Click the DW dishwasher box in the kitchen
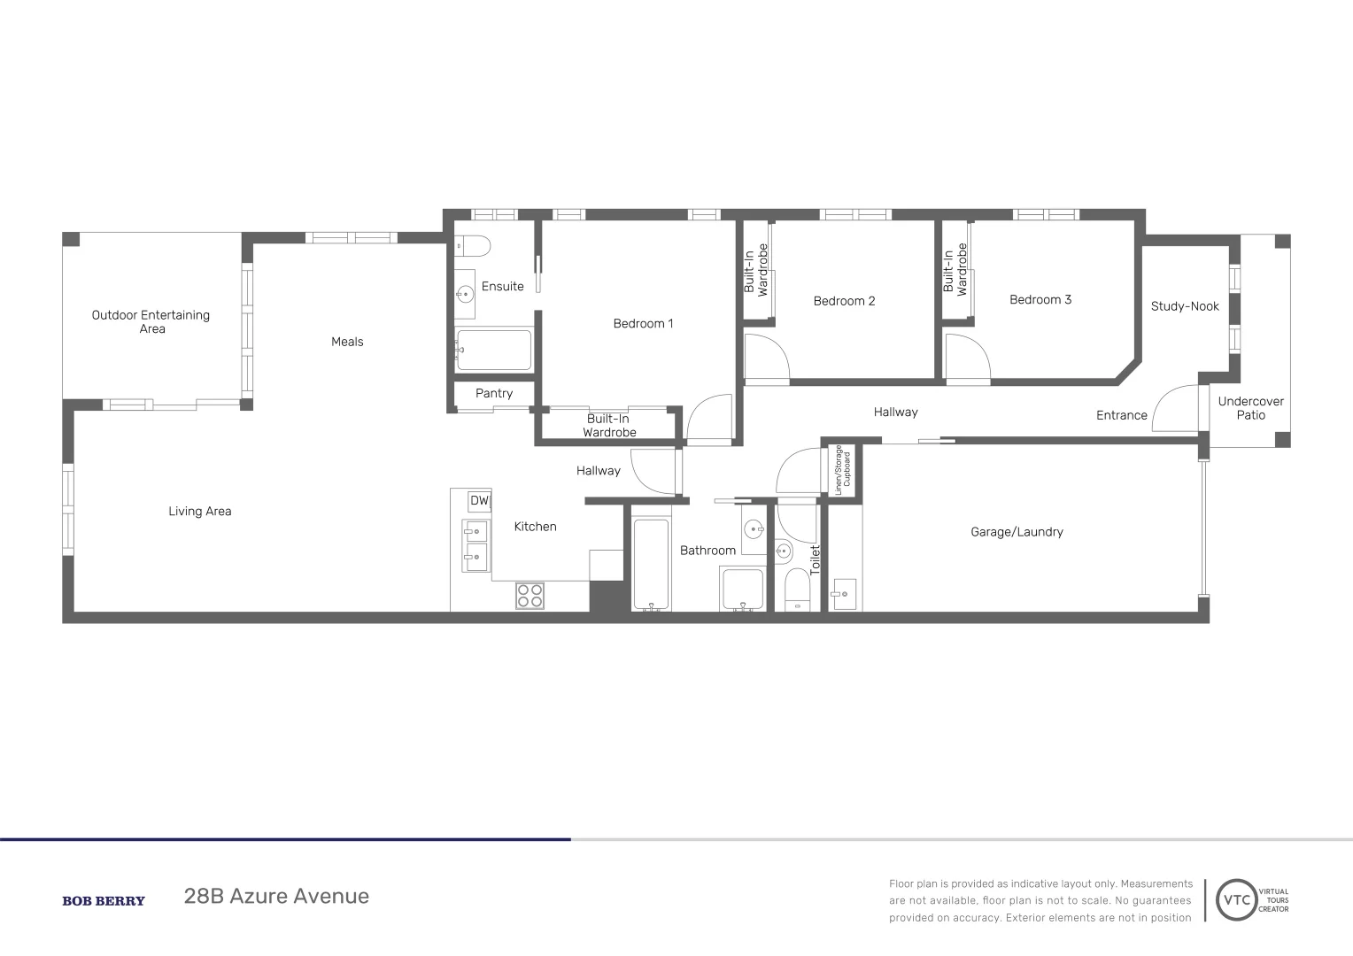479,501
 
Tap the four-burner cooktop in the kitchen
530,596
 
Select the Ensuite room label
502,287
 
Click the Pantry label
494,394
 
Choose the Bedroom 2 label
844,301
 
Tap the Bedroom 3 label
1040,300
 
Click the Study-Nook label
1185,306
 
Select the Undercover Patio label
1250,408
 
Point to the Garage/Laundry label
1017,532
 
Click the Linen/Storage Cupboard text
842,469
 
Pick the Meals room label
347,342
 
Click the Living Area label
200,512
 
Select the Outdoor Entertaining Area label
151,321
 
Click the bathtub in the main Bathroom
651,565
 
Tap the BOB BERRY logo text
104,901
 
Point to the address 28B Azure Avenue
276,897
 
